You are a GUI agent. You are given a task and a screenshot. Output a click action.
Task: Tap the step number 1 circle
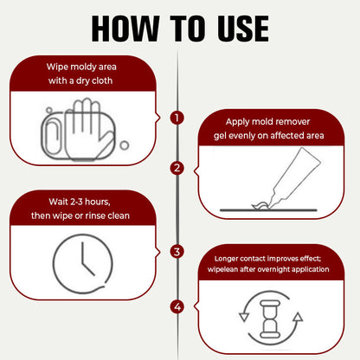click(x=177, y=117)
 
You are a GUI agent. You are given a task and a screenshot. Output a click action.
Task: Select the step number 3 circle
click(x=177, y=252)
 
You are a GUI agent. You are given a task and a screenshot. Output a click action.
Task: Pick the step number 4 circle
click(x=177, y=305)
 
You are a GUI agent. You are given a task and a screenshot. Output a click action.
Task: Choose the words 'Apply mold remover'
click(x=273, y=121)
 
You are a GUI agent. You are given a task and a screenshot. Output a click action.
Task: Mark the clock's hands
click(x=84, y=256)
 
